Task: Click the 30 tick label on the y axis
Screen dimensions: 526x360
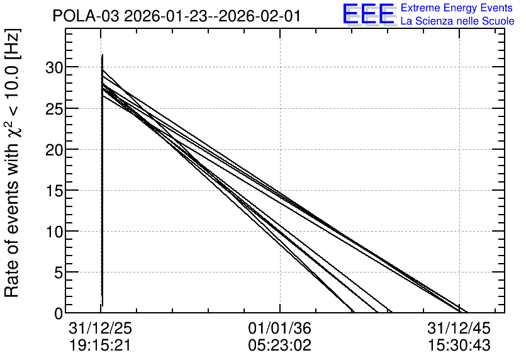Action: tap(54, 68)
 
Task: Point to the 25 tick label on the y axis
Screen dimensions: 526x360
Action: tap(54, 109)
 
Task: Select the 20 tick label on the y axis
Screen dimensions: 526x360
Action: tap(54, 150)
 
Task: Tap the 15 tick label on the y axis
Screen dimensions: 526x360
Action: tap(54, 191)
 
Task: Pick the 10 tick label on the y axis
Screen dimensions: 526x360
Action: tap(54, 232)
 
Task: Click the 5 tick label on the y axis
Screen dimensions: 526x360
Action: tap(59, 273)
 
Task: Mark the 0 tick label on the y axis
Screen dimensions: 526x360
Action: tap(59, 313)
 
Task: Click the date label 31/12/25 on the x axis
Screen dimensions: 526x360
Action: tap(100, 328)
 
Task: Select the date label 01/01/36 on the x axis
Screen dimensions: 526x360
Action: tap(280, 328)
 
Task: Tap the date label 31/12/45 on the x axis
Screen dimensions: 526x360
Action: tap(459, 328)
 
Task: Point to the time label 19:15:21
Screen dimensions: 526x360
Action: tap(100, 346)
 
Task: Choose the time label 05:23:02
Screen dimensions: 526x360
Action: tap(280, 346)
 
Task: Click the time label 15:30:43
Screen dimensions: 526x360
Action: tap(459, 346)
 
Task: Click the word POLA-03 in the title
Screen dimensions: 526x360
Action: tap(86, 16)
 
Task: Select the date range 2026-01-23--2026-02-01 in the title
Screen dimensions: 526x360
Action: tap(212, 16)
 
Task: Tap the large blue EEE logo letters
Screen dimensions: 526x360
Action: tap(368, 14)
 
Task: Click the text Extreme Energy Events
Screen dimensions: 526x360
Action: tap(457, 8)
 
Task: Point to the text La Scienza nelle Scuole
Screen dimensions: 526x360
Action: tap(457, 21)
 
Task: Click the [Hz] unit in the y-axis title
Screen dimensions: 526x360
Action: tap(13, 45)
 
